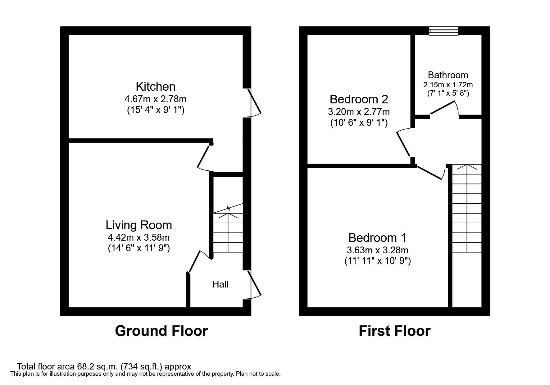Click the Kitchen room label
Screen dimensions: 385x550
[x=155, y=86]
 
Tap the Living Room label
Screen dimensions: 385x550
[x=139, y=225]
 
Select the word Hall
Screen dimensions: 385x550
[x=220, y=284]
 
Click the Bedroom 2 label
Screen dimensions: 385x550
[x=359, y=99]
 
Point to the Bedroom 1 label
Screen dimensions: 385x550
[x=377, y=238]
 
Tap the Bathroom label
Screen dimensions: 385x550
[x=448, y=75]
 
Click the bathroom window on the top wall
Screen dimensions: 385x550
[x=443, y=30]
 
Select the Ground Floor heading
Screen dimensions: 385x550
[x=161, y=331]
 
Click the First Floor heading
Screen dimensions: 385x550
[x=394, y=331]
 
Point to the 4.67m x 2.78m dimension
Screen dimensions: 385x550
[x=155, y=99]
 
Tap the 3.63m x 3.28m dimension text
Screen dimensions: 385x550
[x=377, y=250]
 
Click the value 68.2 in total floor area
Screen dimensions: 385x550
[x=83, y=367]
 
